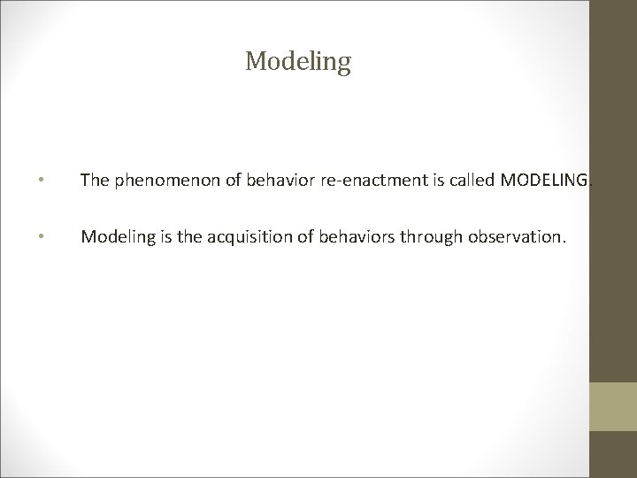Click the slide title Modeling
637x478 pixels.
pos(298,61)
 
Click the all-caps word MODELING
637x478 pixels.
pos(531,181)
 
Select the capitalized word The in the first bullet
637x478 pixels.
pos(94,181)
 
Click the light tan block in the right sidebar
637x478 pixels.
pos(614,406)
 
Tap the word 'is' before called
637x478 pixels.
pos(418,181)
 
